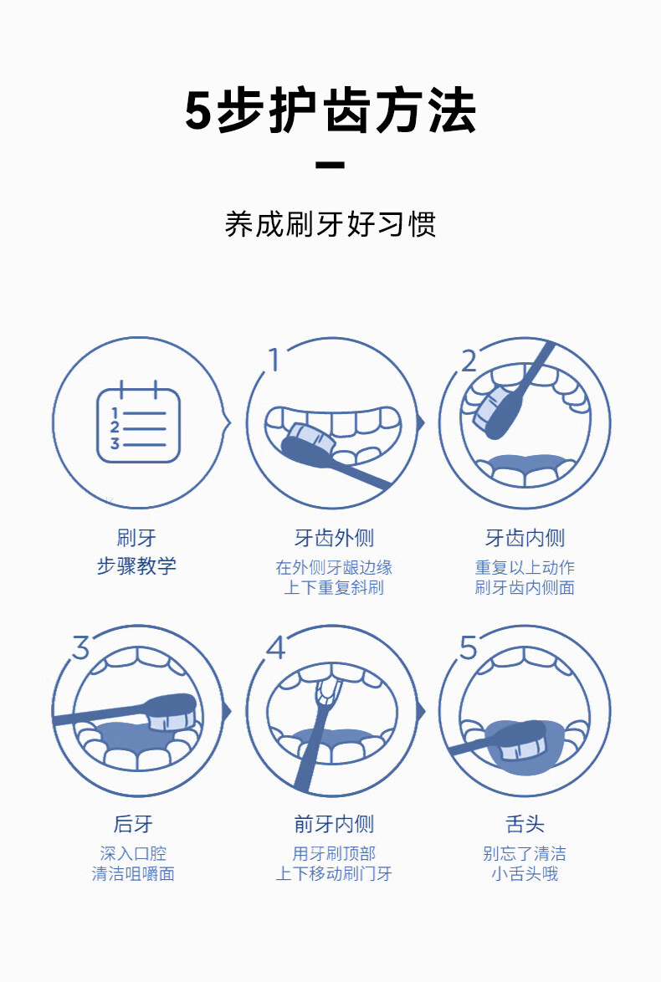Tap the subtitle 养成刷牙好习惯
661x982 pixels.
(x=330, y=224)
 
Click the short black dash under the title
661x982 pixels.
(x=330, y=165)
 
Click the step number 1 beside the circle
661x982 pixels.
(x=272, y=360)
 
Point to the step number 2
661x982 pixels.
(x=469, y=361)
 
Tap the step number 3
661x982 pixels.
(x=80, y=647)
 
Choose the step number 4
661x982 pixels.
(x=275, y=647)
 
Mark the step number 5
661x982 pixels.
(x=469, y=647)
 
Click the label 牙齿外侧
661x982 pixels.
(x=333, y=538)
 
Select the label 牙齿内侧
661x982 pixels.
(x=525, y=538)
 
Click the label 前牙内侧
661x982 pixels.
(x=333, y=825)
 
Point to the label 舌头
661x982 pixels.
(x=525, y=825)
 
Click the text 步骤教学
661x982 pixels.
(x=136, y=566)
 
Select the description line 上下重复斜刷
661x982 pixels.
(x=333, y=587)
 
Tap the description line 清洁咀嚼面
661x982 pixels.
(x=133, y=874)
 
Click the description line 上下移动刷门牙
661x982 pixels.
(x=333, y=874)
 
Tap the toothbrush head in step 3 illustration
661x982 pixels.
(x=172, y=709)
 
